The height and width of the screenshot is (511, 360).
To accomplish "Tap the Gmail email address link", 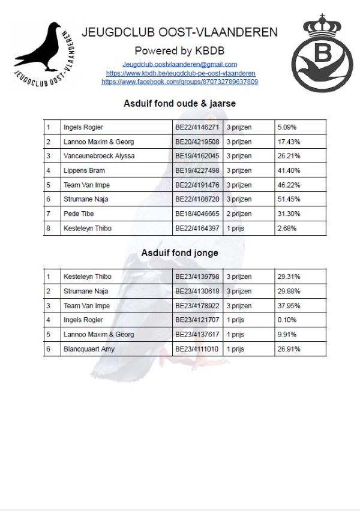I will pyautogui.click(x=179, y=64).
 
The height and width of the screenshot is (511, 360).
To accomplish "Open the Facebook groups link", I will pyautogui.click(x=179, y=81).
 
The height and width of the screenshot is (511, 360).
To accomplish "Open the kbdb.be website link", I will pyautogui.click(x=179, y=73).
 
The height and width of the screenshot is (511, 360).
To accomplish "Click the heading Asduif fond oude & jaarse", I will pyautogui.click(x=179, y=103).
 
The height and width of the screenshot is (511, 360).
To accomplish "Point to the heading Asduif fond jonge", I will pyautogui.click(x=179, y=253).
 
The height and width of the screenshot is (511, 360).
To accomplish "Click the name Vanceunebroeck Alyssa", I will pyautogui.click(x=99, y=156).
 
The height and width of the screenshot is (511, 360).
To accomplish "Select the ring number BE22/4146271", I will pyautogui.click(x=197, y=127).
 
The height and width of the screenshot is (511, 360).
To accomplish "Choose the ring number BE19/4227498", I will pyautogui.click(x=197, y=170).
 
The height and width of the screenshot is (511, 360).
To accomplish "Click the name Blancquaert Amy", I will pyautogui.click(x=89, y=349).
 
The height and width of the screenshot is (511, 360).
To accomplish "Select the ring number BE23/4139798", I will pyautogui.click(x=197, y=277).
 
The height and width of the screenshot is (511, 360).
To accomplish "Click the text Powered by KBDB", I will pyautogui.click(x=179, y=50).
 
